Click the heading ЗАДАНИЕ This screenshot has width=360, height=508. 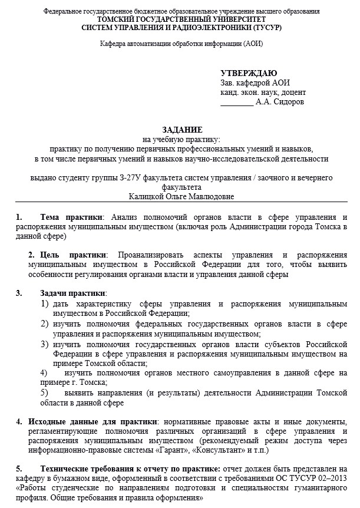(x=181, y=129)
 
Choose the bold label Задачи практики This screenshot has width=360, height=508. (x=73, y=293)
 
